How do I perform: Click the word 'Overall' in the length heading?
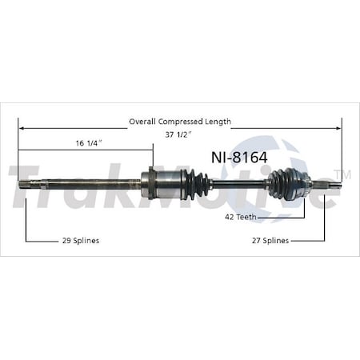(x=144, y=122)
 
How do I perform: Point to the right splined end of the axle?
(x=334, y=186)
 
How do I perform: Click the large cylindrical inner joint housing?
(x=164, y=185)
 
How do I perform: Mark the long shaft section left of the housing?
(x=88, y=186)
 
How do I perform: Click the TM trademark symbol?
(x=346, y=174)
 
